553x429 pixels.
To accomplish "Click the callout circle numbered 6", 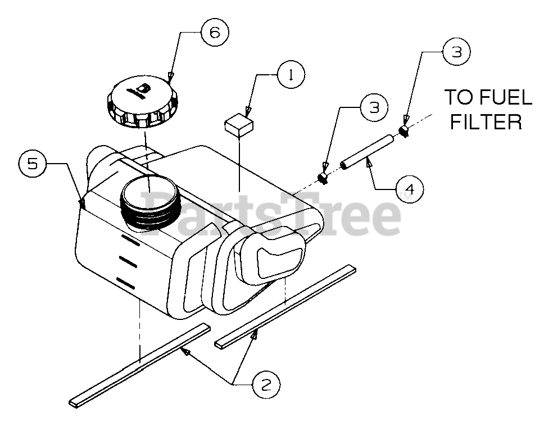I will (214, 33).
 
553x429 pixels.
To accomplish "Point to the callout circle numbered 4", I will (409, 189).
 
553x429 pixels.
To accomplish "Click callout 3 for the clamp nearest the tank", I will (374, 108).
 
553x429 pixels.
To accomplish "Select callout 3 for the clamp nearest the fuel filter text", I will (456, 52).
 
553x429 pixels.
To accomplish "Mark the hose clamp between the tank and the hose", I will (323, 178).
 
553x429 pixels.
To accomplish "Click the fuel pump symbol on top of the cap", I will (139, 88).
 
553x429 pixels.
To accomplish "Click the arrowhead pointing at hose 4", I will (369, 164).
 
